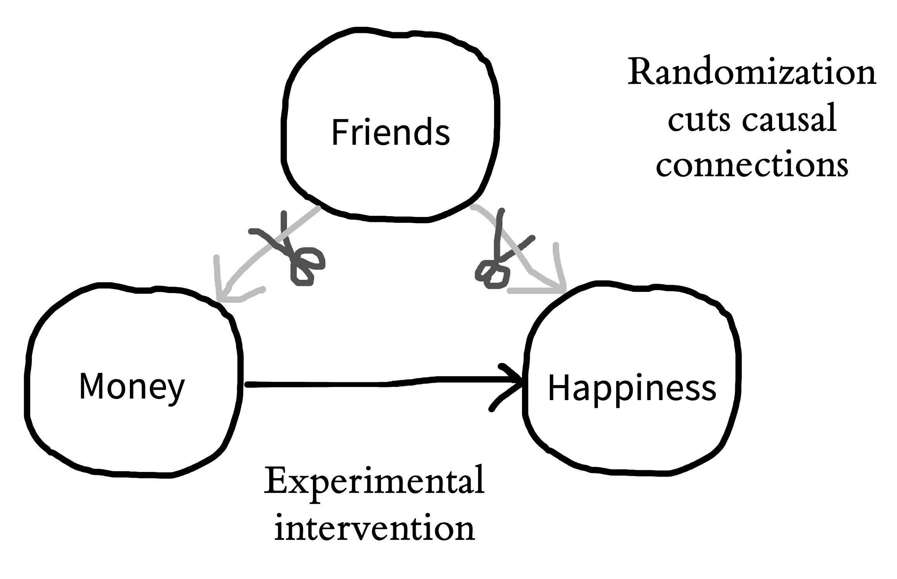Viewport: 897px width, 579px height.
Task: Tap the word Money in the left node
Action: (132, 387)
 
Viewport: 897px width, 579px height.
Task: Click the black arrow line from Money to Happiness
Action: (384, 384)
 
